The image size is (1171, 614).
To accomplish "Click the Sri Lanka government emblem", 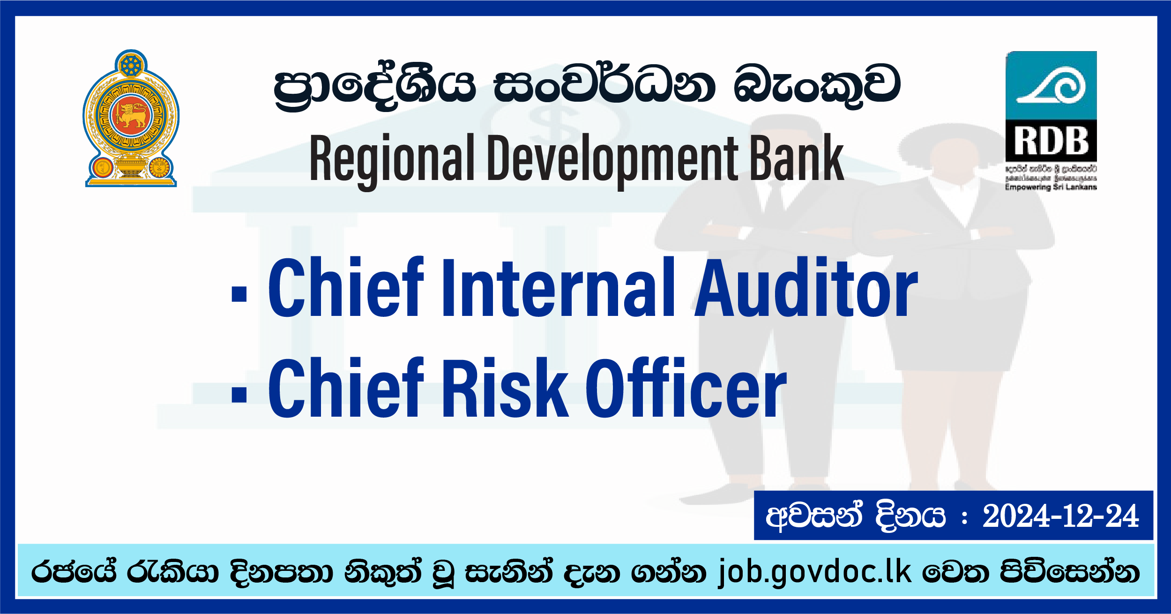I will (x=131, y=118).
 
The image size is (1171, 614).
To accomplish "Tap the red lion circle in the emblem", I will (x=131, y=115).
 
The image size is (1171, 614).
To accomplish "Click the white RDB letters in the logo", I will (x=1051, y=141).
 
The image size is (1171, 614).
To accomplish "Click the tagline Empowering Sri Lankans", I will (x=1051, y=187).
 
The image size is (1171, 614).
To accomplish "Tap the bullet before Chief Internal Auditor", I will (x=239, y=294).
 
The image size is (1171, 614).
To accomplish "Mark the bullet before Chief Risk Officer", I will (x=239, y=394).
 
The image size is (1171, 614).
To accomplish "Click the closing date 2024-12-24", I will (x=1060, y=517).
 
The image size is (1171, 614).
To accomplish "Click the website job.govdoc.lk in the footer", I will (x=815, y=572).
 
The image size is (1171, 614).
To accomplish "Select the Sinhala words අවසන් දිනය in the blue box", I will (x=856, y=517).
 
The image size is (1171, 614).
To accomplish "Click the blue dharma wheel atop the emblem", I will (x=131, y=66).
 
